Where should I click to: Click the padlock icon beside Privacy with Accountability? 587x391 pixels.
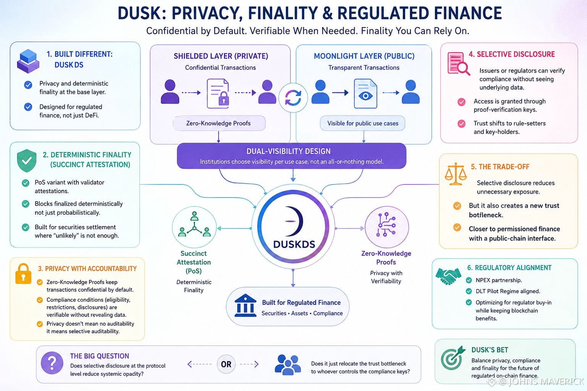coord(23,274)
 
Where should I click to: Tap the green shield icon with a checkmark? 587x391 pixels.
coord(27,160)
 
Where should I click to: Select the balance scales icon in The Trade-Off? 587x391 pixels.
coord(456,174)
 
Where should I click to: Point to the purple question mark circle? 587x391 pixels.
coord(52,363)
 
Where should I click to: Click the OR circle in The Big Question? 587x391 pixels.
coord(226,364)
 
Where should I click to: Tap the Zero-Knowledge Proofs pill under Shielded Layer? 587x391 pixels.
coord(219,123)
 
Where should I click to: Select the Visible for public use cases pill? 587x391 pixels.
coord(362,123)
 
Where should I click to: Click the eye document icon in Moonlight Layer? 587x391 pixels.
coord(366,94)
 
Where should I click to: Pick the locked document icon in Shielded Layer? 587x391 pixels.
coord(218,94)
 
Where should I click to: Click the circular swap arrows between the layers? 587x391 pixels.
coord(293,98)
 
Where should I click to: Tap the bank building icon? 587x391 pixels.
coord(245,305)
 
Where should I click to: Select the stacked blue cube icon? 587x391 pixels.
coord(28,61)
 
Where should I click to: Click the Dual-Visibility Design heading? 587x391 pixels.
coord(289,151)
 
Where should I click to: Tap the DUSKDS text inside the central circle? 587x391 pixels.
coord(294,244)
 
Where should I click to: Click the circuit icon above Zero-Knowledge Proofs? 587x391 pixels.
coord(386,225)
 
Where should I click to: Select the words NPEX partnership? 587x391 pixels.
coord(499,280)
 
